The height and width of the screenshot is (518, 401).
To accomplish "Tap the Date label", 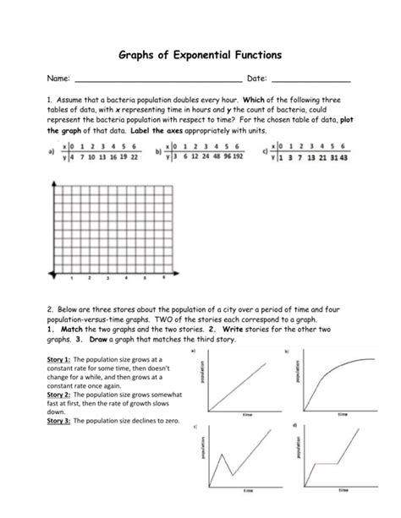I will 256,79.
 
